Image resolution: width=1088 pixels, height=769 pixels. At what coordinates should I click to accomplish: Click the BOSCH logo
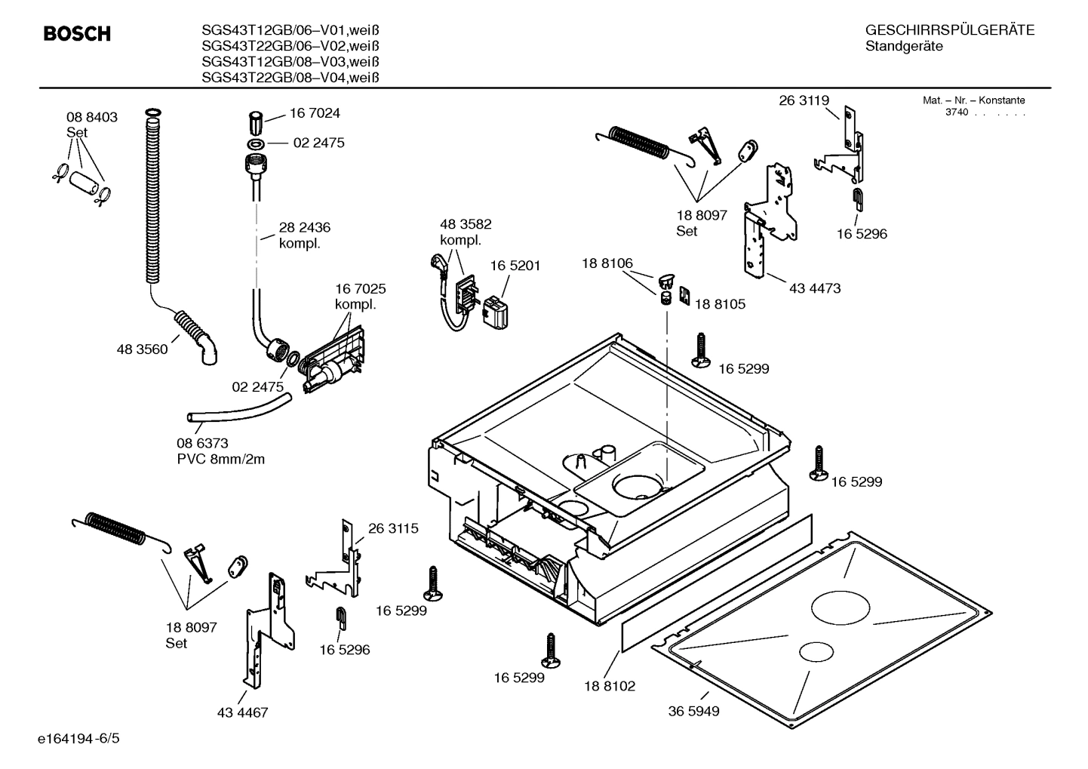coord(77,34)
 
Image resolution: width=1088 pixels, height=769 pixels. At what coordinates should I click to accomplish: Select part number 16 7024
coord(315,113)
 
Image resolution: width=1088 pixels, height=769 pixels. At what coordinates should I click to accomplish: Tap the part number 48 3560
coord(142,349)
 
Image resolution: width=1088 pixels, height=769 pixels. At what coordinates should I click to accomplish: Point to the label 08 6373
coord(202,443)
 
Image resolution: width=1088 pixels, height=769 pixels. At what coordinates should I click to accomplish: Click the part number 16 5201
coord(515,266)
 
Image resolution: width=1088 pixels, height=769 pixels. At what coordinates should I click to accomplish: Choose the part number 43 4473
coord(815,288)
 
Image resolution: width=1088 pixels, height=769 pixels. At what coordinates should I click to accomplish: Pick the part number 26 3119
coord(804,100)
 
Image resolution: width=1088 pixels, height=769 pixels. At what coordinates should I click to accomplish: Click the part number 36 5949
coord(693,711)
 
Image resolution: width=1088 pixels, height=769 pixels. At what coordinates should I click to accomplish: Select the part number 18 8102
coord(610,686)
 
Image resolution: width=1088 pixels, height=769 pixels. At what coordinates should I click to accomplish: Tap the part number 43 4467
coord(242,712)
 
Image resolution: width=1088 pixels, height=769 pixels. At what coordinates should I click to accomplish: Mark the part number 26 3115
coord(393,528)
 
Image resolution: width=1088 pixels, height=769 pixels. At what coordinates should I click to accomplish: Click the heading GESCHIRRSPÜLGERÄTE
coord(949,30)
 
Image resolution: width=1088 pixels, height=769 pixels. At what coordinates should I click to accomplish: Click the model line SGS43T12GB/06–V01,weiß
coord(290,30)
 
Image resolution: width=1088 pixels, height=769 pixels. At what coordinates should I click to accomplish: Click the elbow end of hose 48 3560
coord(207,350)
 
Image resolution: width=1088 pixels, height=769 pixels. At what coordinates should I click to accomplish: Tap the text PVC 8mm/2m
coord(221,459)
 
